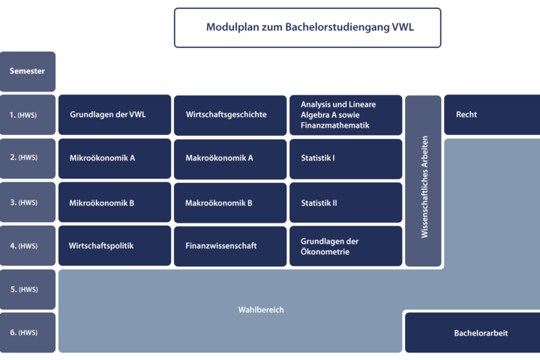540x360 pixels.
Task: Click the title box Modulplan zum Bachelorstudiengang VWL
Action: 307,28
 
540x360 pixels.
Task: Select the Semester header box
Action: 28,71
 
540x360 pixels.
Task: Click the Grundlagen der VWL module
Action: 115,115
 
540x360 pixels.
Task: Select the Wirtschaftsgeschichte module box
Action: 230,115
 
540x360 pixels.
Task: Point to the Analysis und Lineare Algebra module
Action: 346,115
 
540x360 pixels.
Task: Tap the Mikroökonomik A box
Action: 115,158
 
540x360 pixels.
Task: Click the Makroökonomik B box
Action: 230,202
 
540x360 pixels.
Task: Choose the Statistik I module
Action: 346,159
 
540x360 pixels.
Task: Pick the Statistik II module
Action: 346,202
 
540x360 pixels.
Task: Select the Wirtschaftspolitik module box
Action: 115,246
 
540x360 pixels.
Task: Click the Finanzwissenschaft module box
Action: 230,246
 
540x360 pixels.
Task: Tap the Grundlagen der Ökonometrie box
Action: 346,246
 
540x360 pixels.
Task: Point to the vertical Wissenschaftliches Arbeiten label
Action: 424,187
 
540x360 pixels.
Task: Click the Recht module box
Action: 492,115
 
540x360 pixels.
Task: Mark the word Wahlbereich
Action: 261,310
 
